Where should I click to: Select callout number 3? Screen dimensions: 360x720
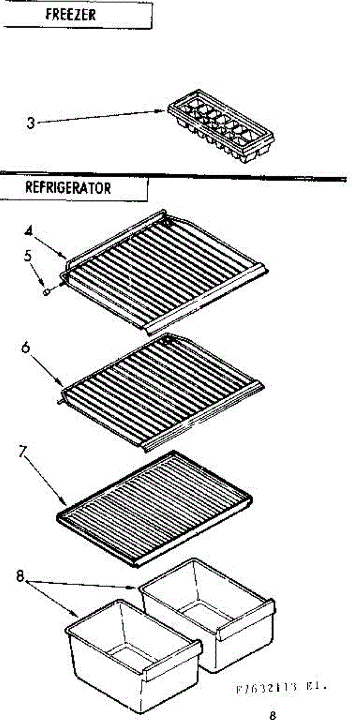[x=31, y=124]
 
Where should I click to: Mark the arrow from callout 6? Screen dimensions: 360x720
[x=46, y=367]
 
